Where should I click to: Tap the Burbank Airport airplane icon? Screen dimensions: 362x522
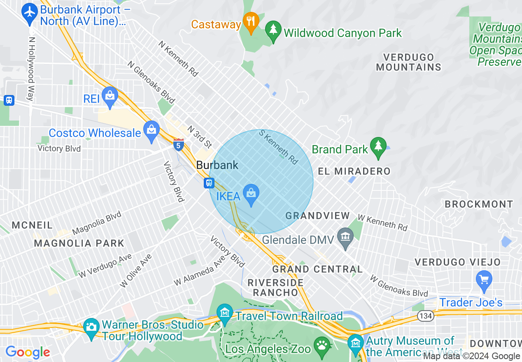[x=30, y=12]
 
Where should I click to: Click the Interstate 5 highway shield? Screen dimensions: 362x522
[x=179, y=145]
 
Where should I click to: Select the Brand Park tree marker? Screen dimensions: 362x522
[x=378, y=146]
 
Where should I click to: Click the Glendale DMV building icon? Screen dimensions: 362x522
[x=345, y=237]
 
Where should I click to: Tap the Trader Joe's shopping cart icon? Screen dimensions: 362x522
[x=484, y=280]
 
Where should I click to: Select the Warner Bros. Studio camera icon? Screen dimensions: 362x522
[x=91, y=327]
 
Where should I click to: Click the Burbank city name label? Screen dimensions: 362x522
[x=217, y=165]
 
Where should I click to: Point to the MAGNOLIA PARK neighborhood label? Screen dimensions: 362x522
[x=79, y=243]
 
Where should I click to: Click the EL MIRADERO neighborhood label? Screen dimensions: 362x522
[x=354, y=171]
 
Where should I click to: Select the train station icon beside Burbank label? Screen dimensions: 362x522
[x=209, y=183]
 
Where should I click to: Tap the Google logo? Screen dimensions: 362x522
[x=28, y=352]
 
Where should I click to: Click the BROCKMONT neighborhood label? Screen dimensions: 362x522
[x=479, y=204]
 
